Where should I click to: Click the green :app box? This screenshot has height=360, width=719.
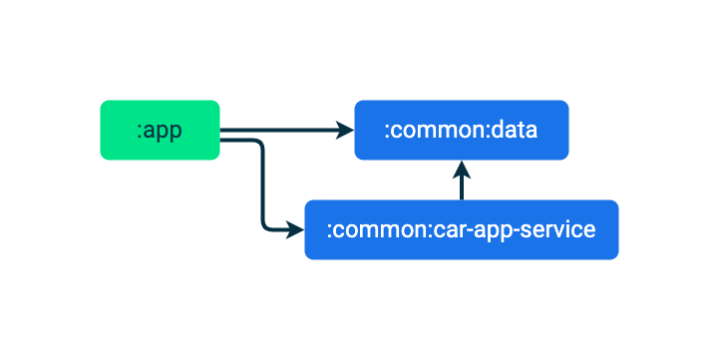(160, 130)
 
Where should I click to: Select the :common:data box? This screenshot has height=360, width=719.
(461, 130)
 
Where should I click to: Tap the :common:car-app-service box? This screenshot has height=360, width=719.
(461, 229)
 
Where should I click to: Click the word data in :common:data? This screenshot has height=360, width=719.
(518, 130)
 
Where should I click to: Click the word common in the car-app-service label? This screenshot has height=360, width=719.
(381, 230)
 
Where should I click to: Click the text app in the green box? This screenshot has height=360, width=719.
(164, 131)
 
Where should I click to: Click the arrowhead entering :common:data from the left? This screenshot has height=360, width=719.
(345, 130)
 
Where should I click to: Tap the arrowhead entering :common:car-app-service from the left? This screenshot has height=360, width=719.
(295, 230)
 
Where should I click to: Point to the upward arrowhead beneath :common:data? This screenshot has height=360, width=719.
(461, 169)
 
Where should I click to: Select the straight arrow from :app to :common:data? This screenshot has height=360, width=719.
(279, 130)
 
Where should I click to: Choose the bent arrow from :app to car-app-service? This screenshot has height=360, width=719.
(263, 189)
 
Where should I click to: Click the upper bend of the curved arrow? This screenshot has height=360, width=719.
(260, 144)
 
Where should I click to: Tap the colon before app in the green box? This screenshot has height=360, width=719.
(140, 132)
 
